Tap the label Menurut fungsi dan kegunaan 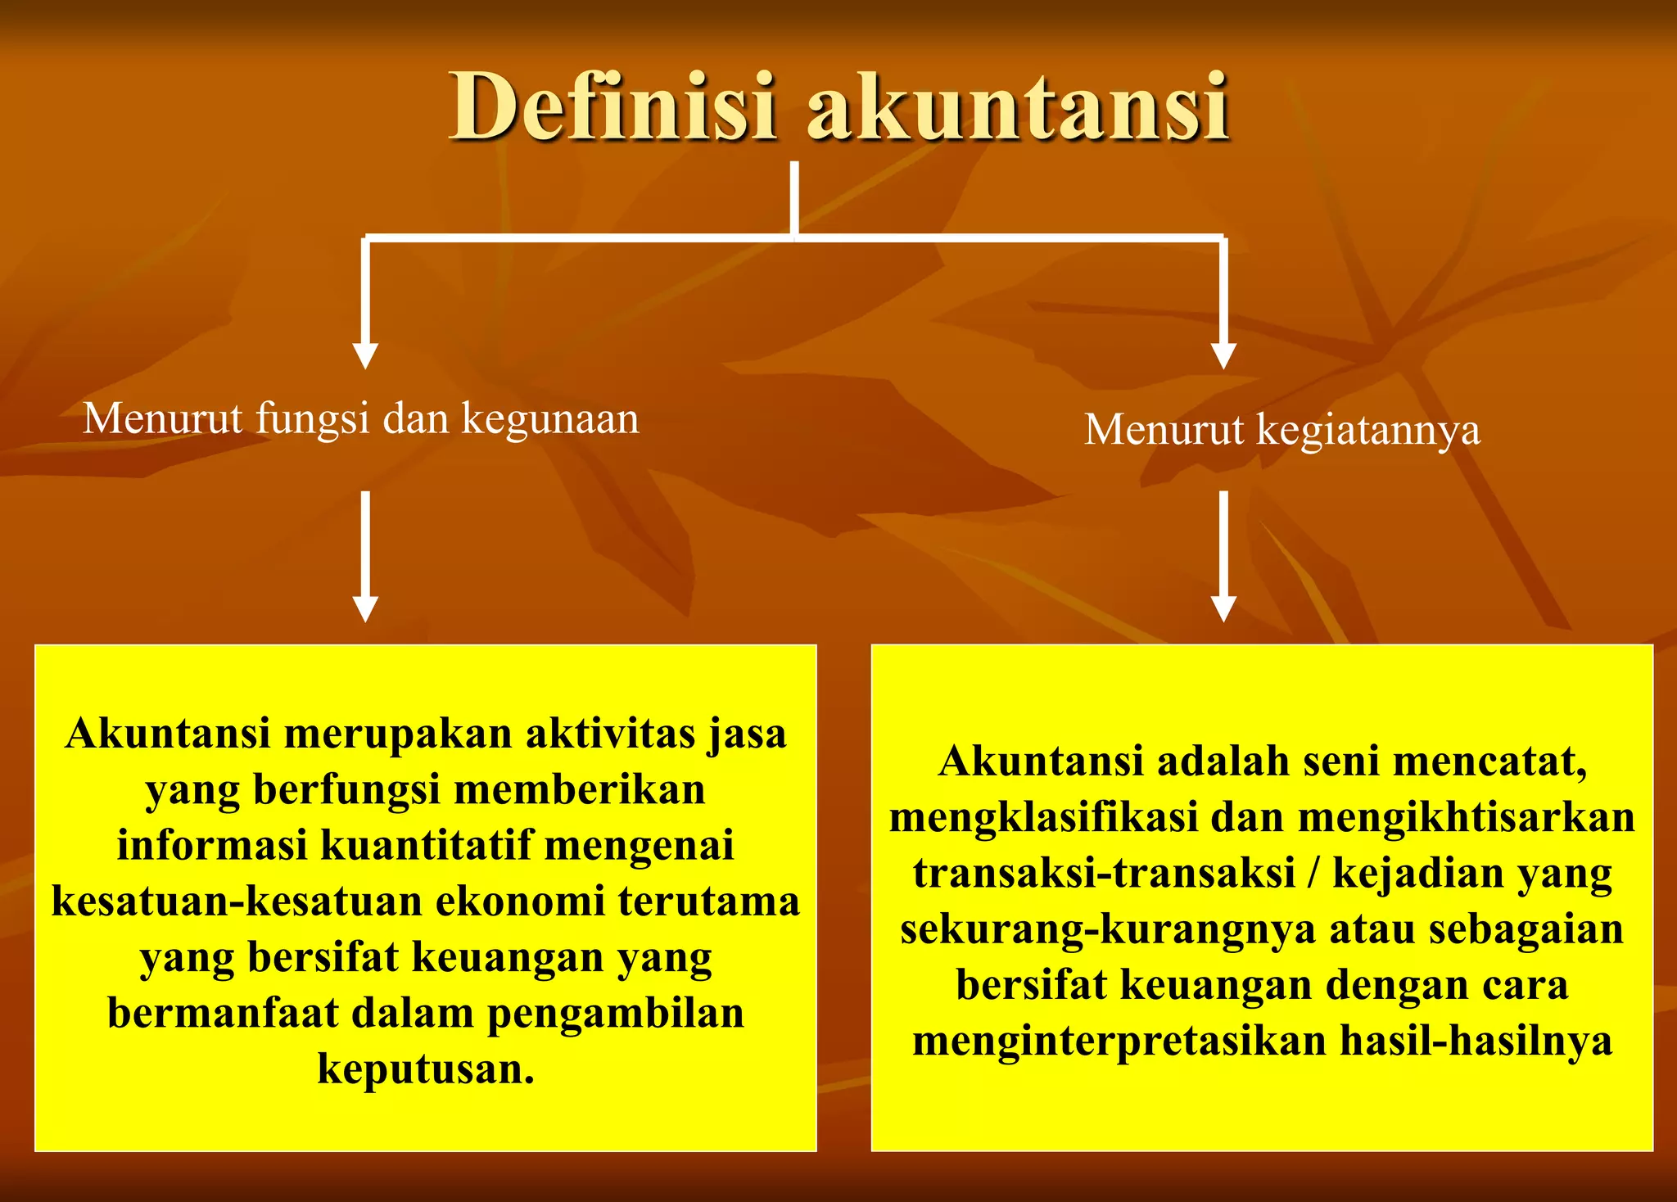pos(361,418)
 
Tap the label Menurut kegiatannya pos(1282,430)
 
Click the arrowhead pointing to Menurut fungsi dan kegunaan pos(365,355)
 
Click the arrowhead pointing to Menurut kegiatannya pos(1223,355)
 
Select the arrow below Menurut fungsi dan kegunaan pos(365,557)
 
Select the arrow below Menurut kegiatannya pos(1223,557)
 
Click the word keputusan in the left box pos(426,1069)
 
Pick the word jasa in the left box pos(747,734)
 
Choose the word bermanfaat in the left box pos(223,1013)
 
